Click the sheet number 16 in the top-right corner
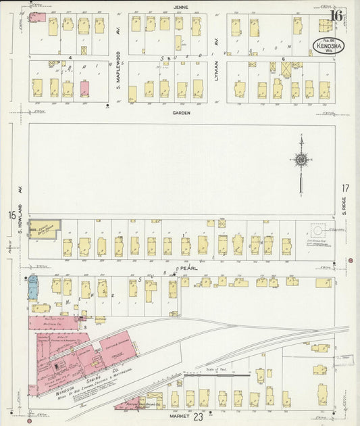(x=336, y=16)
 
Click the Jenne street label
(x=180, y=7)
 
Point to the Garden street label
(x=180, y=113)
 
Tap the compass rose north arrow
(x=301, y=160)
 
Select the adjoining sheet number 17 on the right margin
(x=345, y=189)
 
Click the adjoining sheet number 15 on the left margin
(x=11, y=215)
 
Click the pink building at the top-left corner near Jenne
(x=37, y=16)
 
